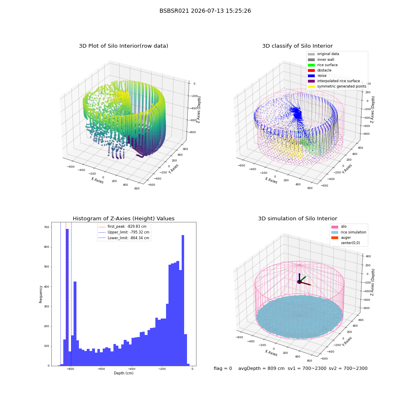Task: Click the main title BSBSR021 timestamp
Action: [205, 11]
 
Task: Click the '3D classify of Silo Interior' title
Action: [298, 46]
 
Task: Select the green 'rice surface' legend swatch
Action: [311, 65]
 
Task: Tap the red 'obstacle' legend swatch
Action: [311, 71]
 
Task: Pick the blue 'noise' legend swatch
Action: [311, 76]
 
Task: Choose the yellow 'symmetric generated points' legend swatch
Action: [311, 86]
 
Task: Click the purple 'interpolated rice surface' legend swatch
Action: [311, 81]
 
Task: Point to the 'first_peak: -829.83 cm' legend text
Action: [127, 226]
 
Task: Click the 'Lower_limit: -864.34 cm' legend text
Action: [128, 238]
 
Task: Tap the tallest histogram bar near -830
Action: [67, 297]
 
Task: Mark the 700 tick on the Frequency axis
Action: [47, 227]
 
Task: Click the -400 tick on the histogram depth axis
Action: [132, 369]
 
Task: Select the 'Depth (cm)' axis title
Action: [124, 373]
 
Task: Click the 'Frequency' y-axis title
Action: [41, 294]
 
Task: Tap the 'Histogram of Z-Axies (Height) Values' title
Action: [123, 219]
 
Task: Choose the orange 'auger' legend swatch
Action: [335, 238]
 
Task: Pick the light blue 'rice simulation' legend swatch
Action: [335, 233]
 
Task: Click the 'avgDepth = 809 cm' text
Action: [261, 369]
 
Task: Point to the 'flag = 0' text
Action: [223, 369]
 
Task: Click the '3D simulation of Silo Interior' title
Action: [298, 219]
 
